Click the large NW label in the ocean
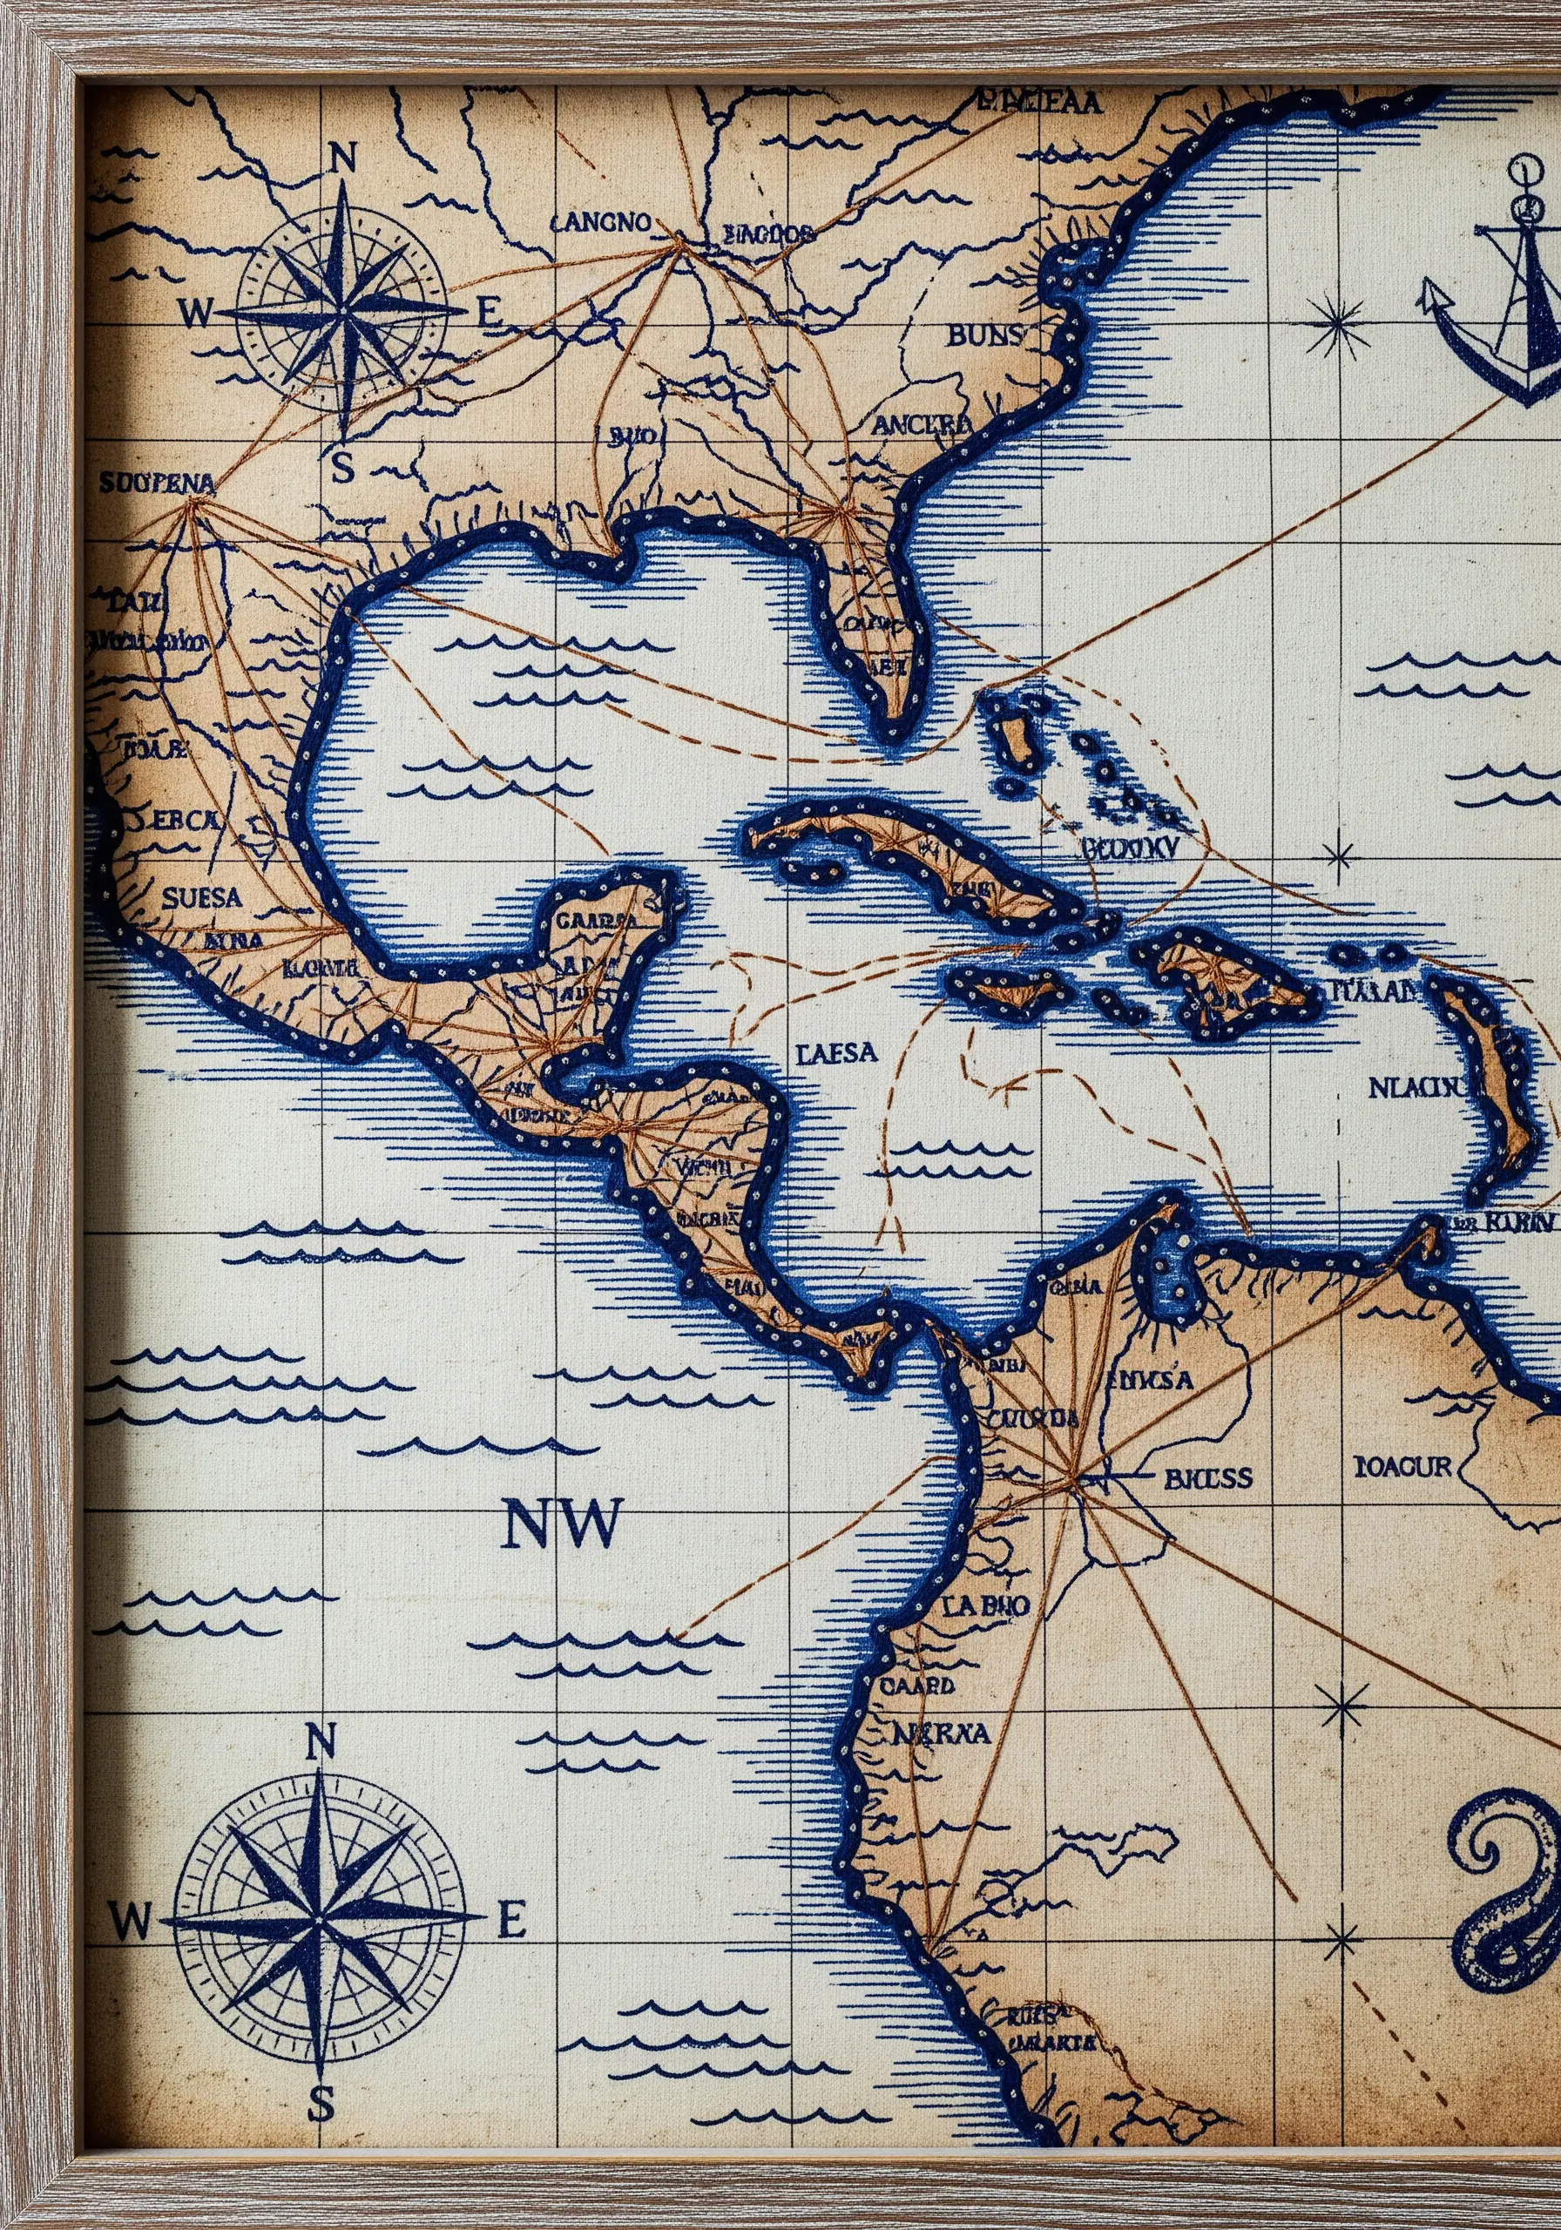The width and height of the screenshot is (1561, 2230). tap(562, 1523)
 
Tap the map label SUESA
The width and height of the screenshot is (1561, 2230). tap(202, 896)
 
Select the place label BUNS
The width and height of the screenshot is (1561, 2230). tap(984, 336)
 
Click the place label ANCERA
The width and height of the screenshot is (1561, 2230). tap(921, 424)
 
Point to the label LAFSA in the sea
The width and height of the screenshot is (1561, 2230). tap(836, 1053)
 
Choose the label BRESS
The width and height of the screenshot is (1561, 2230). tap(1207, 1478)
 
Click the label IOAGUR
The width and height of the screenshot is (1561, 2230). tap(1402, 1466)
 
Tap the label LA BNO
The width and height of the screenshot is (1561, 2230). tap(984, 1605)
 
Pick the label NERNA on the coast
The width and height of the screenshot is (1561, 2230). tap(940, 1733)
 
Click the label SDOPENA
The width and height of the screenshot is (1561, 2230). tap(157, 481)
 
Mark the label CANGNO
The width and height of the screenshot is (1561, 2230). tap(601, 222)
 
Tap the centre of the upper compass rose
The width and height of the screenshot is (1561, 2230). tap(342, 313)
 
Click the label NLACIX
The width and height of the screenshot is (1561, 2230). tap(1415, 1088)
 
